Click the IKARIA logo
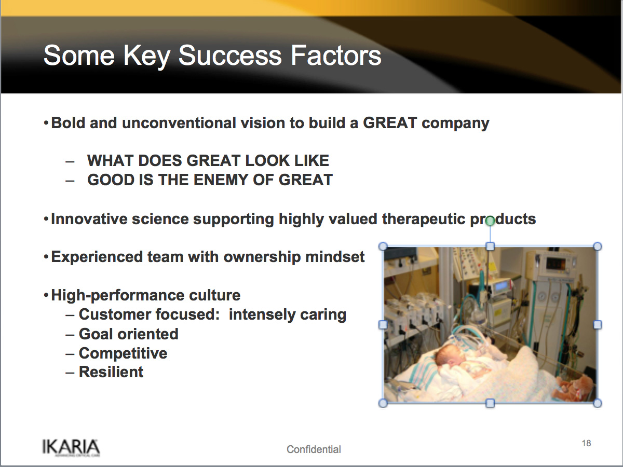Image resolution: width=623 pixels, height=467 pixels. [71, 448]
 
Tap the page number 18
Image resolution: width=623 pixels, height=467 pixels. [586, 443]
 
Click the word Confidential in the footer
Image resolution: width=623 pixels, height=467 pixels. [314, 449]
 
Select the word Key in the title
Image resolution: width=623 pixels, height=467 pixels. [146, 57]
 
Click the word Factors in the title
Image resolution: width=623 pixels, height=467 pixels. [336, 56]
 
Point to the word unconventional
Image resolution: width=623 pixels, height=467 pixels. [179, 123]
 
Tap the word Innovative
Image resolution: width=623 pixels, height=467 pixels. [89, 219]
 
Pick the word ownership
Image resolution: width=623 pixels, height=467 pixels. [262, 257]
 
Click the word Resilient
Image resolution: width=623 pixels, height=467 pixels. [111, 372]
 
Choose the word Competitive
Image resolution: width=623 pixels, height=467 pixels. [123, 353]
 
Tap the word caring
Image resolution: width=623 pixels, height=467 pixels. [323, 315]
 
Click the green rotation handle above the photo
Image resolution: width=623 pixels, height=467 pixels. [490, 221]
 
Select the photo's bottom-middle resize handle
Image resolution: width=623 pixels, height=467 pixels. [490, 403]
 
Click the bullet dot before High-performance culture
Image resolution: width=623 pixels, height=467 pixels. [46, 295]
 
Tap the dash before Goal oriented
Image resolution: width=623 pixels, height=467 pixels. [70, 335]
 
